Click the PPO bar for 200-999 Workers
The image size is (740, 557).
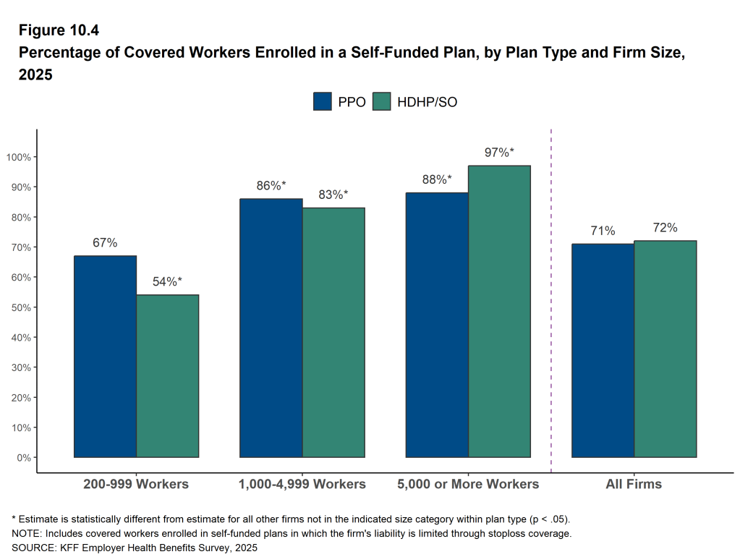(x=105, y=356)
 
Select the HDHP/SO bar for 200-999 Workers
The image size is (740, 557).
(x=167, y=375)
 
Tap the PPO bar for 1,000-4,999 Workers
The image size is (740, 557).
(x=271, y=328)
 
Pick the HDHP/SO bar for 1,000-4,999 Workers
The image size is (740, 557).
(x=333, y=332)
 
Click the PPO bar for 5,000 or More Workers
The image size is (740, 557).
(x=437, y=325)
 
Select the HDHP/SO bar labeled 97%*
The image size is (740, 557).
(x=499, y=311)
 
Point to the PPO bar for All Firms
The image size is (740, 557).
(x=603, y=350)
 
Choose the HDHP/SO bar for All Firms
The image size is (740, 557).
(x=665, y=349)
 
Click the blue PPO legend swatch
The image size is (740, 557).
(x=322, y=101)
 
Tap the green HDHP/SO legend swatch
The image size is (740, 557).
(x=381, y=101)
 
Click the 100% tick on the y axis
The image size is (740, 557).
(x=20, y=157)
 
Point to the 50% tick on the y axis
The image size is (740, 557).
(x=22, y=307)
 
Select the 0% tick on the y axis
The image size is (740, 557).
(x=24, y=457)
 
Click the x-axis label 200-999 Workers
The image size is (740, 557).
(x=136, y=484)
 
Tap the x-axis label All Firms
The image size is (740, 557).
(x=634, y=484)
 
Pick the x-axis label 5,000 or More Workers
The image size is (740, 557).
(x=468, y=484)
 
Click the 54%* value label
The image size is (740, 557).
(x=167, y=281)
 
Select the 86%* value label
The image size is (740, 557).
(x=271, y=185)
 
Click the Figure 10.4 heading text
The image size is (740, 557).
(x=58, y=30)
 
